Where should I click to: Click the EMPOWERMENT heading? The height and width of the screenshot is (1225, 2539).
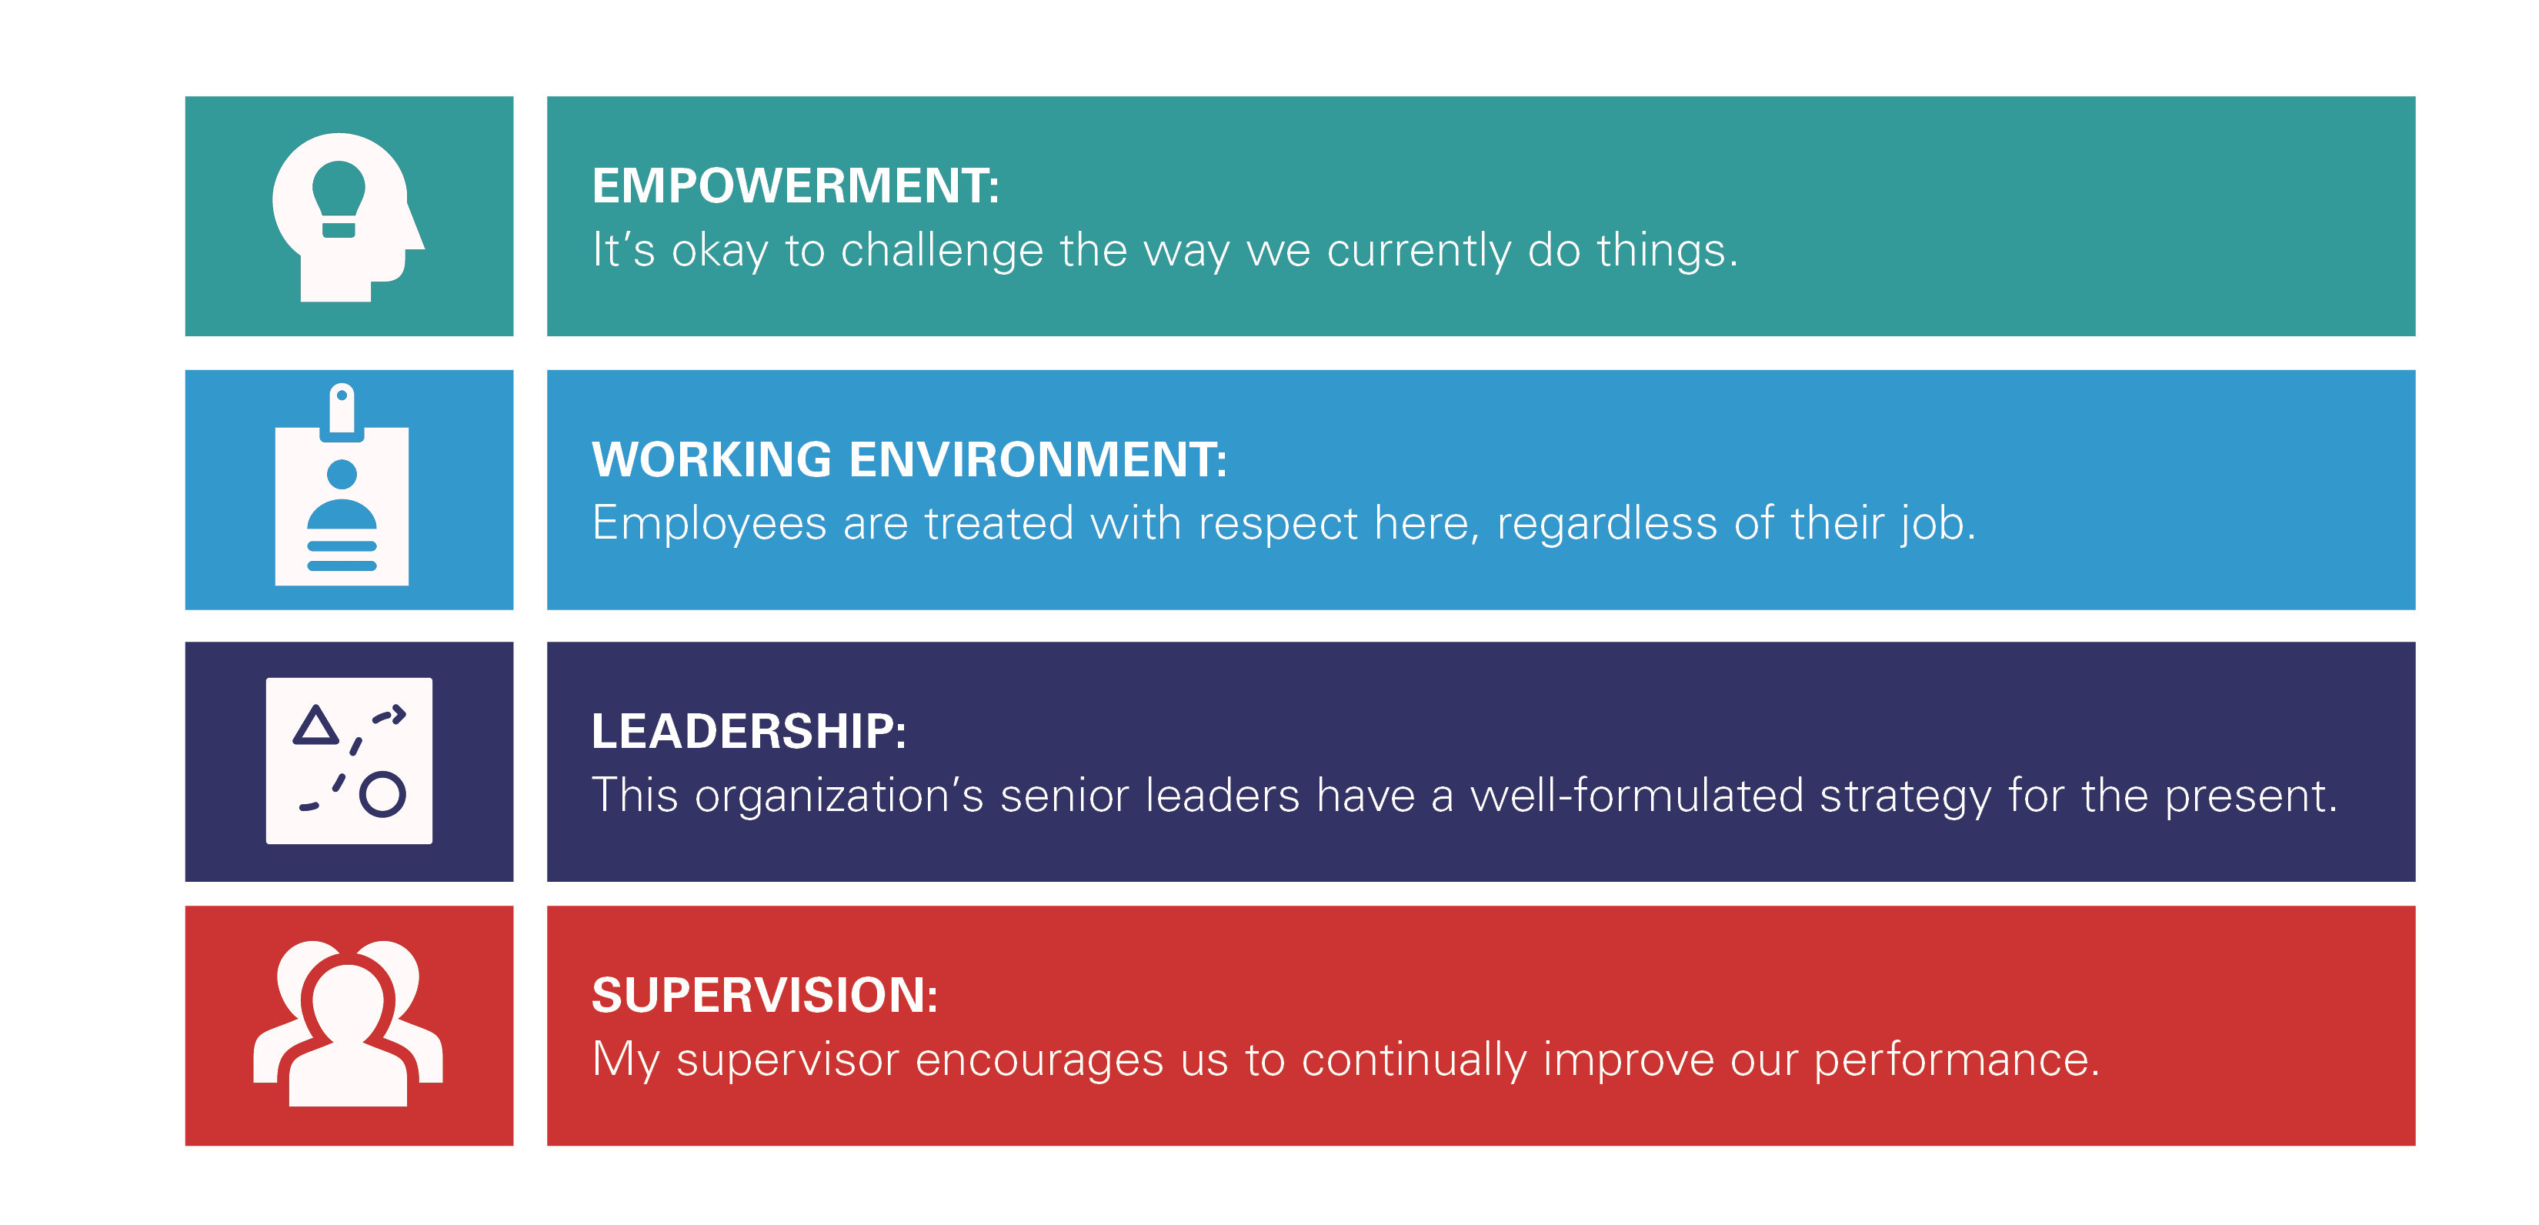(795, 186)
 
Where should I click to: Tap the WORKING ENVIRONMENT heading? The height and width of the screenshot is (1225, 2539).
(909, 459)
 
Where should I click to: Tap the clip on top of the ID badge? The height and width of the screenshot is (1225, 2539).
(342, 407)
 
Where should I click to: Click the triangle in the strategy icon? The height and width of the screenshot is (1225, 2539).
(315, 726)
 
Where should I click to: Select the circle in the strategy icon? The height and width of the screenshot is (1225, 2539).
(382, 794)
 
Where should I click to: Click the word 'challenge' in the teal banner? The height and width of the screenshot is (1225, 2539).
(941, 250)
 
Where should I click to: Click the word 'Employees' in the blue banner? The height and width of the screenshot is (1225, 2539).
(709, 523)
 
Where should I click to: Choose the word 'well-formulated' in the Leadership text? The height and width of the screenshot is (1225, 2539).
(1637, 796)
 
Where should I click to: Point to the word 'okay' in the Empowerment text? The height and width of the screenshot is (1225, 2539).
(719, 250)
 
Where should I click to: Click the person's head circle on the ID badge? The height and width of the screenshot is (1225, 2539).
(342, 474)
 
